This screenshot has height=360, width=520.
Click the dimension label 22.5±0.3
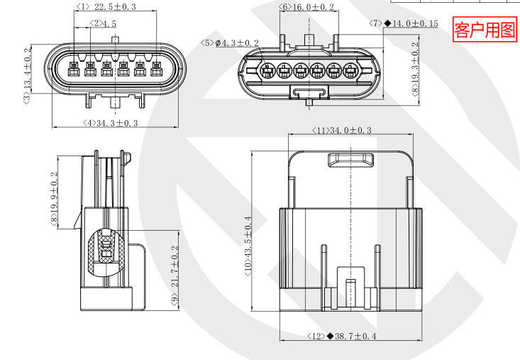point(115,7)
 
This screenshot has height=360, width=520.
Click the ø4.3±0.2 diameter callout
point(237,43)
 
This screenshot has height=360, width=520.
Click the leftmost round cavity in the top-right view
point(267,71)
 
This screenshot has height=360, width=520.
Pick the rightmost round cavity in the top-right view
point(351,71)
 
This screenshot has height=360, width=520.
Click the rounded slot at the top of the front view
point(350,161)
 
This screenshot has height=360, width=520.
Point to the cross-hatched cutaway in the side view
point(104,253)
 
